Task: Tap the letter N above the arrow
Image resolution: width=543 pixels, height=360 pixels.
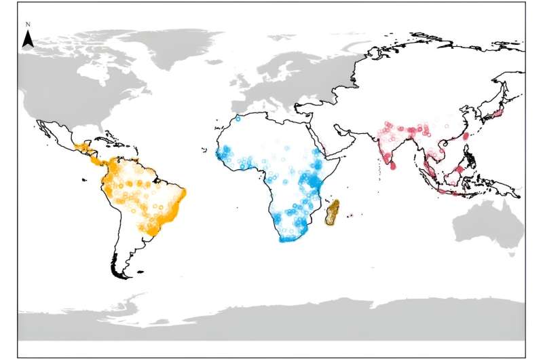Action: click(27, 25)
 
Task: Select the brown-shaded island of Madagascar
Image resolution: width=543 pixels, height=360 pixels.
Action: click(332, 213)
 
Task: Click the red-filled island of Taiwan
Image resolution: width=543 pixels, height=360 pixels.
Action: click(466, 135)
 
